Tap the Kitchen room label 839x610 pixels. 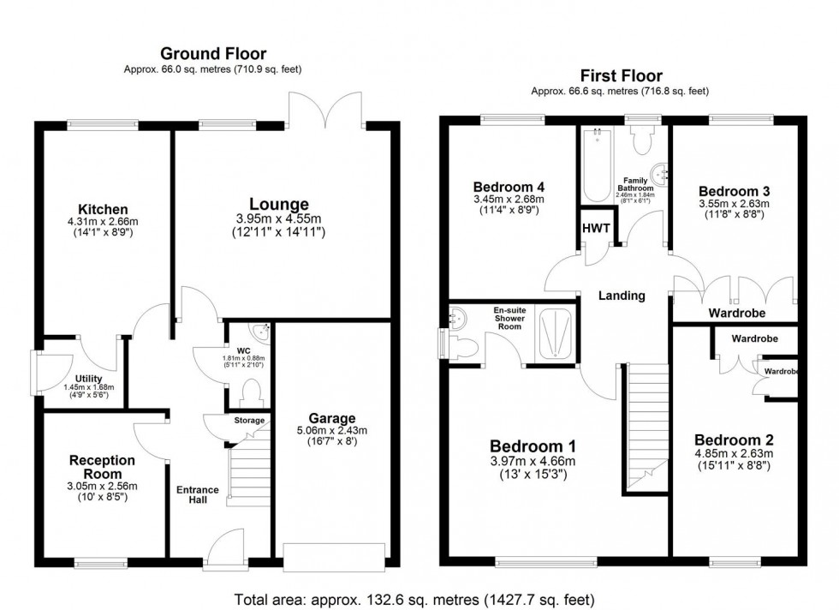(103, 209)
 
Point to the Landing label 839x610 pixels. (622, 296)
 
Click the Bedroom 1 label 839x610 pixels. (532, 446)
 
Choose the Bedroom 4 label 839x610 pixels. (509, 187)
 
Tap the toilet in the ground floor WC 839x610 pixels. (252, 393)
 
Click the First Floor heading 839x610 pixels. (620, 76)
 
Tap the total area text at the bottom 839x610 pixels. (414, 598)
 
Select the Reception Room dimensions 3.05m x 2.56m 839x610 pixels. (103, 487)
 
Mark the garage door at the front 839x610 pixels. (334, 557)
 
